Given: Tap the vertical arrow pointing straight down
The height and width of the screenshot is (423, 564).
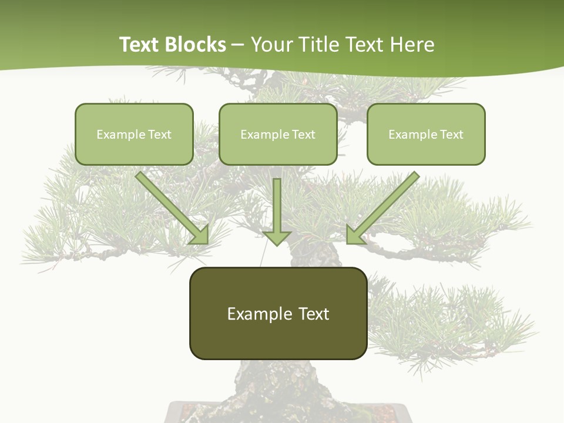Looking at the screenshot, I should pyautogui.click(x=277, y=206).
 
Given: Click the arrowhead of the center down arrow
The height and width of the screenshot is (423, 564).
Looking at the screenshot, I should pyautogui.click(x=277, y=237).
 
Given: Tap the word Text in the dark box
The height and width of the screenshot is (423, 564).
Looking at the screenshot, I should pyautogui.click(x=313, y=314).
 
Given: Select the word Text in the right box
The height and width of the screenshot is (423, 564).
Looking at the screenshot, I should pyautogui.click(x=451, y=135).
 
